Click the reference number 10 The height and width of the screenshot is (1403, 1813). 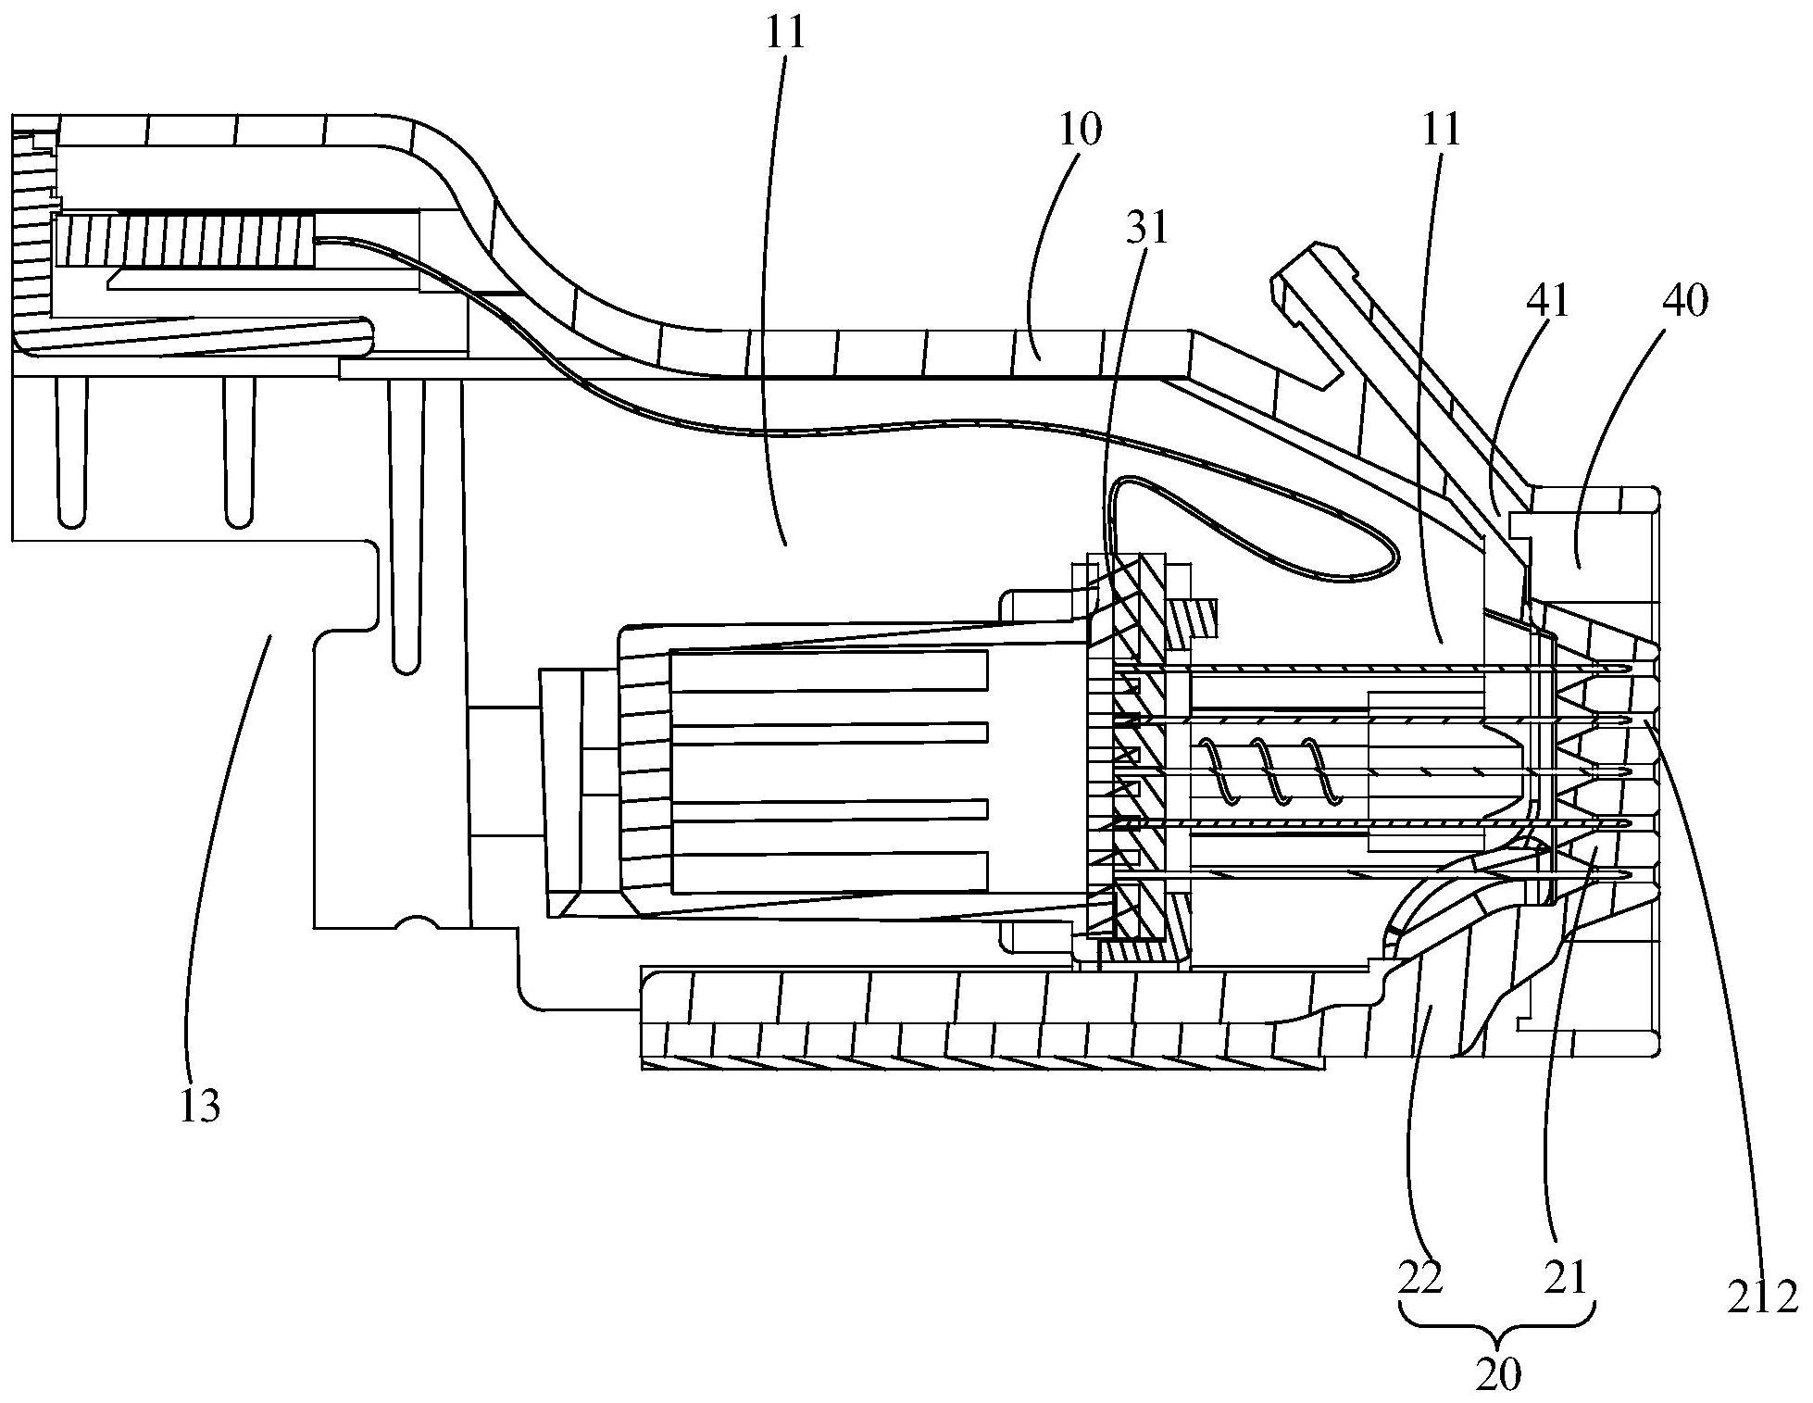pos(1080,130)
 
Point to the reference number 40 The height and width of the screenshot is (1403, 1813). pos(1685,301)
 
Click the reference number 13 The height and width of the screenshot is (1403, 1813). pos(201,1105)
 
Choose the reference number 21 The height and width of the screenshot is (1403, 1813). pos(1566,1279)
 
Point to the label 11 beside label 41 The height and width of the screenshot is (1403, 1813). pos(1441,130)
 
